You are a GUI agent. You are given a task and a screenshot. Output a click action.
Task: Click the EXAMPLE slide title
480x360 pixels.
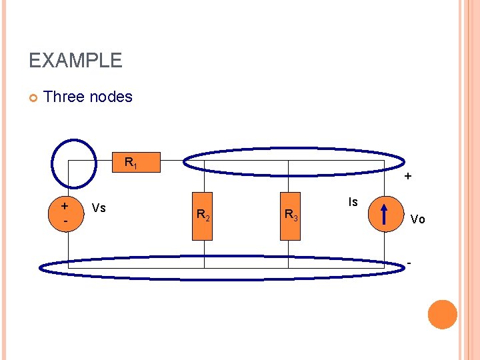[x=75, y=61]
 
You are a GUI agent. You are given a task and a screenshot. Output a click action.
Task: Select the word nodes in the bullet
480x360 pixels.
[x=114, y=97]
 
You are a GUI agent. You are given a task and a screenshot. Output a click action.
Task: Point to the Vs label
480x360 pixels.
[x=99, y=208]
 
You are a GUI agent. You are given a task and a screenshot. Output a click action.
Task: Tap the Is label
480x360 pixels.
[x=353, y=202]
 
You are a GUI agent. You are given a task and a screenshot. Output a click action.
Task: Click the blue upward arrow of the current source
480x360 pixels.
[x=385, y=215]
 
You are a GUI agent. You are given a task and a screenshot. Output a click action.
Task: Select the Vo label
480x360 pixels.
[x=418, y=219]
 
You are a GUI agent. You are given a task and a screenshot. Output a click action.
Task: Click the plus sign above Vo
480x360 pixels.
[x=408, y=178]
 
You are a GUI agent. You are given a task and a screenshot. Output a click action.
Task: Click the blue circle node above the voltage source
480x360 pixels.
[x=74, y=163]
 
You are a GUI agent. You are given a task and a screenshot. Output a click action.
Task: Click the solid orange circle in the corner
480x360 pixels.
[x=443, y=315]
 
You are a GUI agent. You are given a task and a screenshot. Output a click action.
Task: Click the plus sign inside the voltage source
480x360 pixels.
[x=65, y=207]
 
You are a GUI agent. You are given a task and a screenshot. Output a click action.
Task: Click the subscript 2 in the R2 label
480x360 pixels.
[x=208, y=217]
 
